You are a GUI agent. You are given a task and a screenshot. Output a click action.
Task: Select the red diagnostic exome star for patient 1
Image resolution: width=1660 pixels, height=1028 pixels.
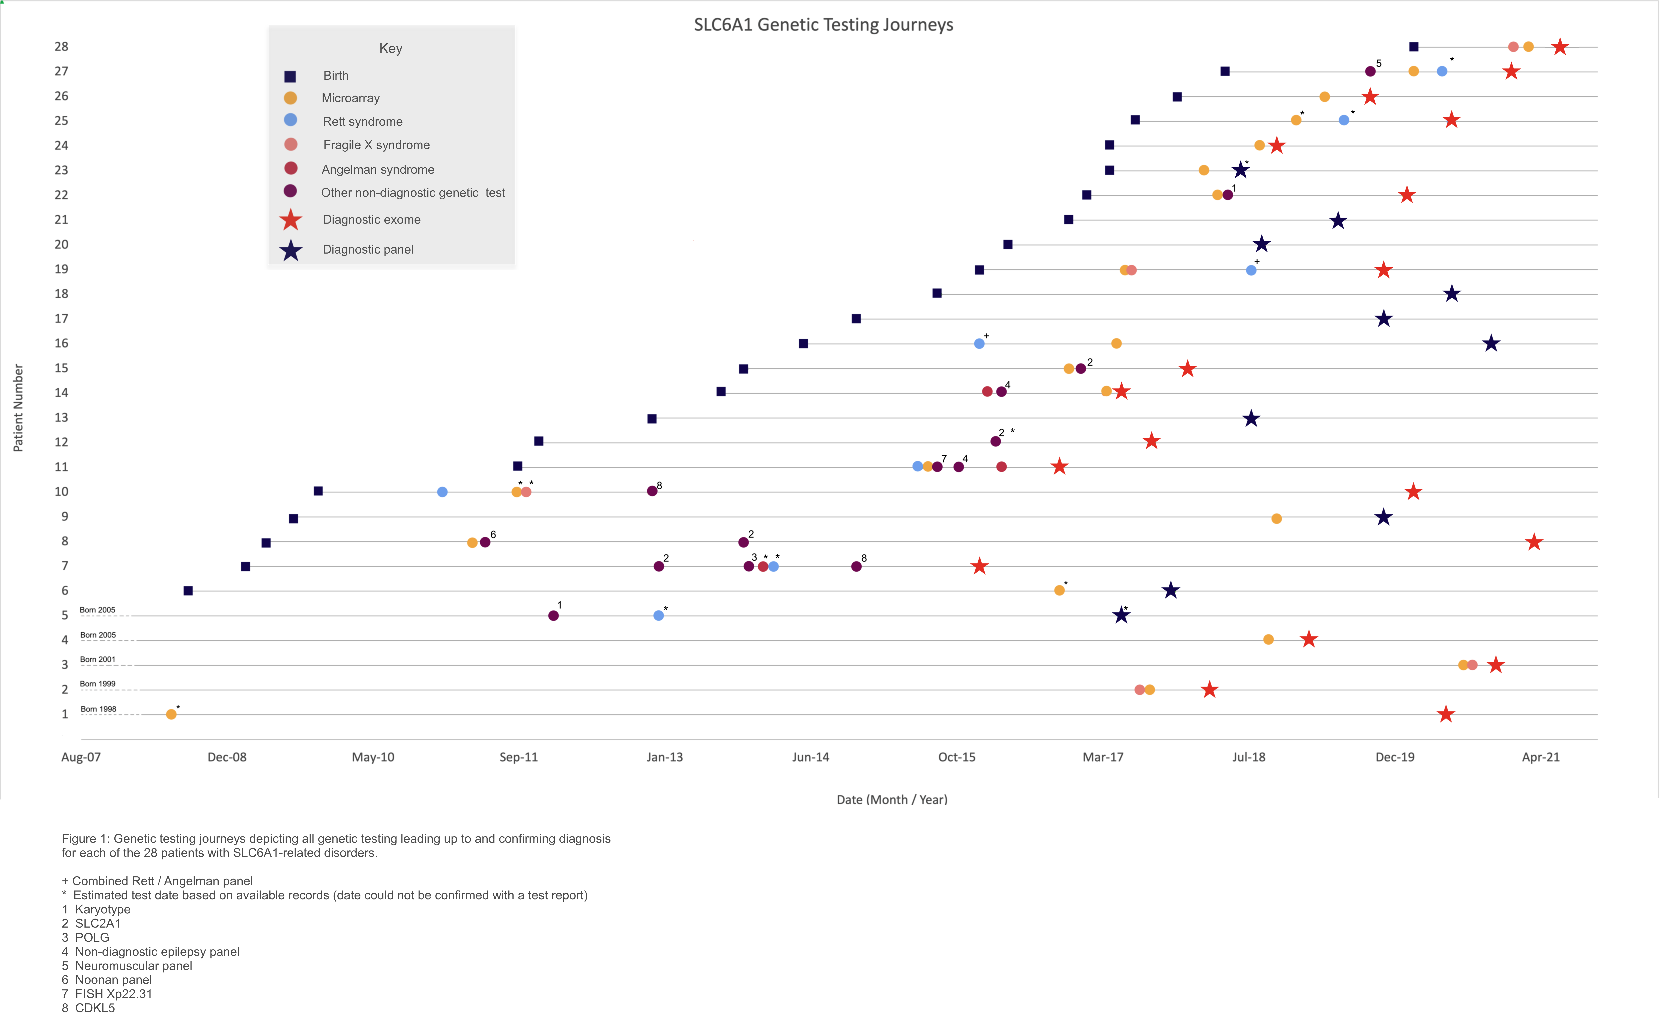point(1446,714)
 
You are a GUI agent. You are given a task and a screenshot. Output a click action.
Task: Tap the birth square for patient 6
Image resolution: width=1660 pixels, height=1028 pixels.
point(188,591)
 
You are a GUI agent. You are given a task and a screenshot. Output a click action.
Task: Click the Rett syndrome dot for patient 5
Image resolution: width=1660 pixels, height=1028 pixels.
point(659,615)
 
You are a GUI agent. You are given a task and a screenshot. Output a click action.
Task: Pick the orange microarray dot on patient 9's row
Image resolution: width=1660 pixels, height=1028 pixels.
point(1276,519)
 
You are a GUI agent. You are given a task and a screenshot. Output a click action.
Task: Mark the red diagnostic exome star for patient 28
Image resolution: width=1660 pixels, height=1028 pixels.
point(1560,47)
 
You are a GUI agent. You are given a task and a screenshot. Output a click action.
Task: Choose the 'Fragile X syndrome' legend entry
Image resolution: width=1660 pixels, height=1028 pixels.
point(376,145)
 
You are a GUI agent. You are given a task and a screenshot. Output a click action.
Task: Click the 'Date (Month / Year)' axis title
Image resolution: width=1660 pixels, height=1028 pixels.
point(891,799)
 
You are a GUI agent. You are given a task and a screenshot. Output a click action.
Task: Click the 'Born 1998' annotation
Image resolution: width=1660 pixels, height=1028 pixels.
point(99,709)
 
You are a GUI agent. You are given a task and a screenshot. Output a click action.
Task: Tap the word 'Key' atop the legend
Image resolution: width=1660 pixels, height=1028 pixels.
point(391,48)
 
